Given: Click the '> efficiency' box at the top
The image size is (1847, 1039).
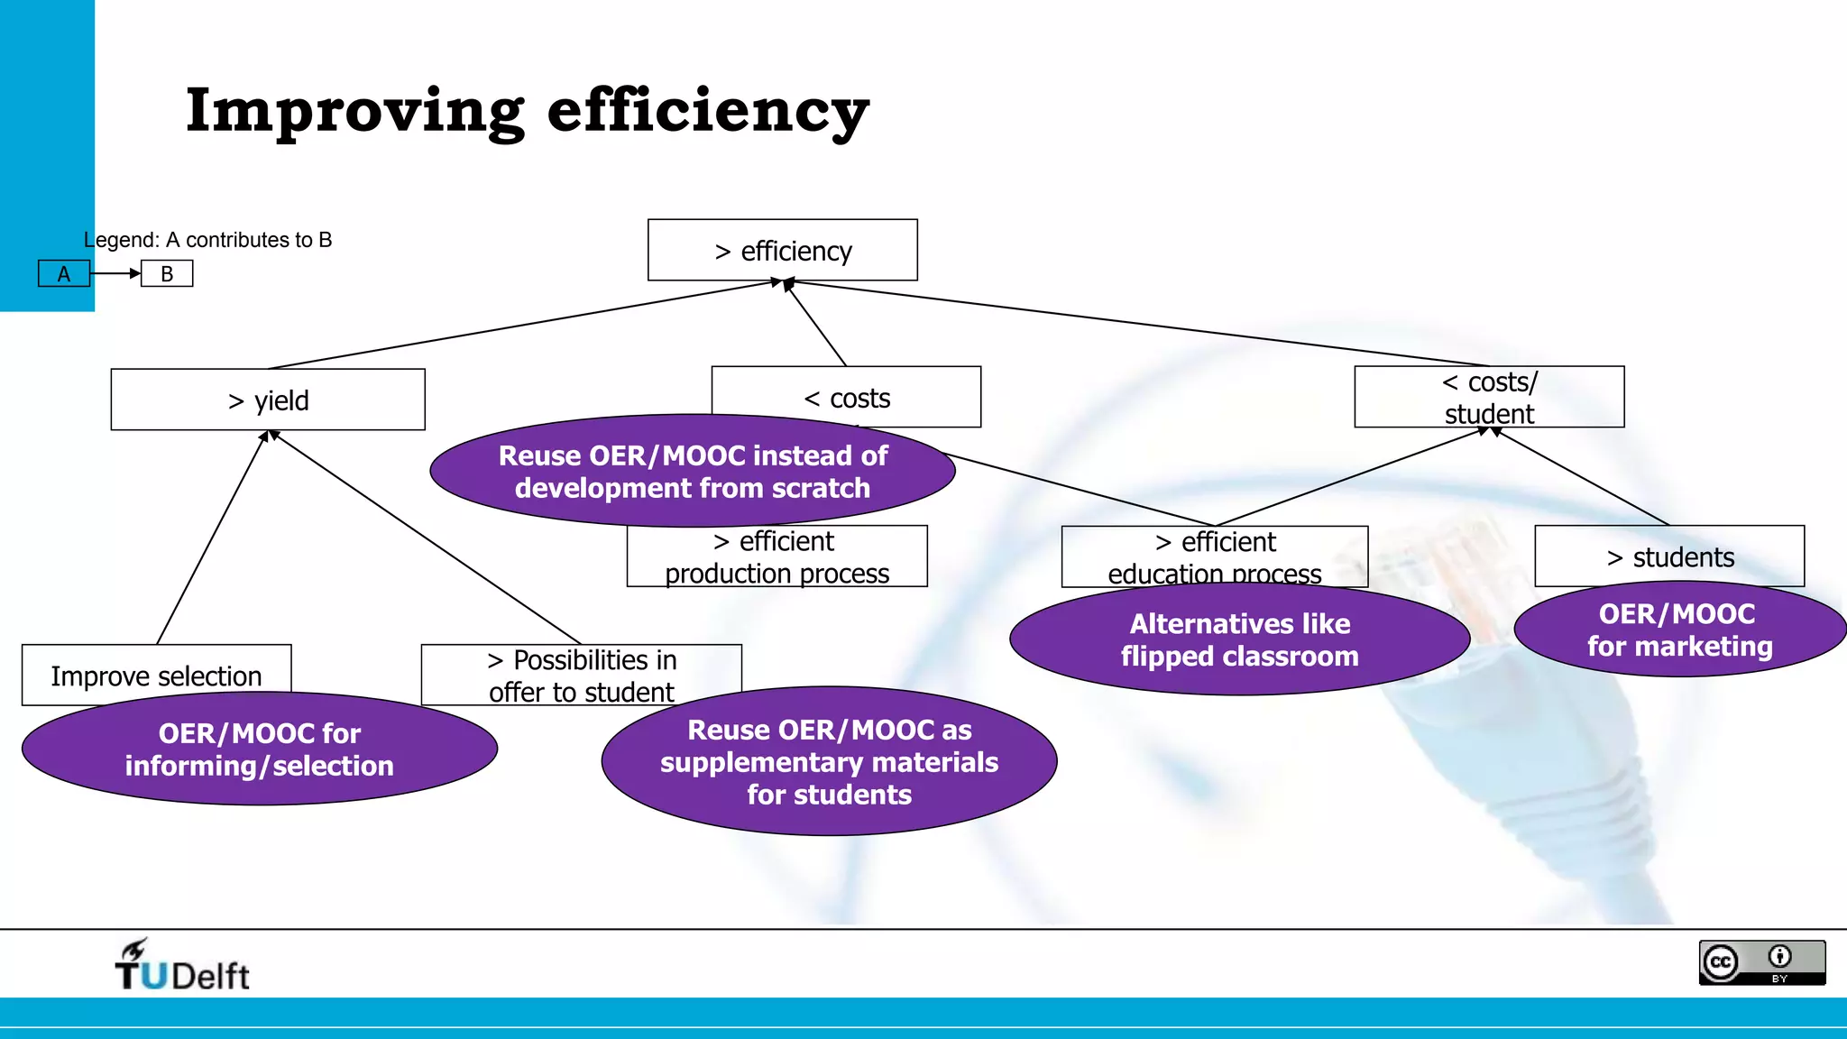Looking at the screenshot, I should pos(782,250).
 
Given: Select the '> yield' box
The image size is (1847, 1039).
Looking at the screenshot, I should pos(268,400).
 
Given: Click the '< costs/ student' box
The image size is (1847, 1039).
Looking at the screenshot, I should pos(1489,396).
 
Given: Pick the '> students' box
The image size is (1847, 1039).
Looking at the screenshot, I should pos(1669,556).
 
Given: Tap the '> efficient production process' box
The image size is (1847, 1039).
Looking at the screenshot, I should pos(776,556).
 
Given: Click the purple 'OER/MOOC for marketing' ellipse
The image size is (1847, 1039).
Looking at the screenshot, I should pos(1679,630).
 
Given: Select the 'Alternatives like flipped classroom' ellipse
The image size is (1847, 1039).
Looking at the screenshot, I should pos(1239,639).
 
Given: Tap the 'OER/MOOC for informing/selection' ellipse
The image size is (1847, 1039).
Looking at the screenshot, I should pos(259,749).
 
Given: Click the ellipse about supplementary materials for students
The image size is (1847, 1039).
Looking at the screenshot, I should pos(829,762).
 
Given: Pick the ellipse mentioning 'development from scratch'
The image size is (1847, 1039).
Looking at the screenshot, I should pos(692,472).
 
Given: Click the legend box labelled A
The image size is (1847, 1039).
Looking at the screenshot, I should pos(64,273).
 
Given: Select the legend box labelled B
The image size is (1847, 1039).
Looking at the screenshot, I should pos(167,273).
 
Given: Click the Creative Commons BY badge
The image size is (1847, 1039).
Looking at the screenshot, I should pos(1761,963).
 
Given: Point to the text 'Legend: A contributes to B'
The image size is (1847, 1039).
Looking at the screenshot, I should pos(207,240).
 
